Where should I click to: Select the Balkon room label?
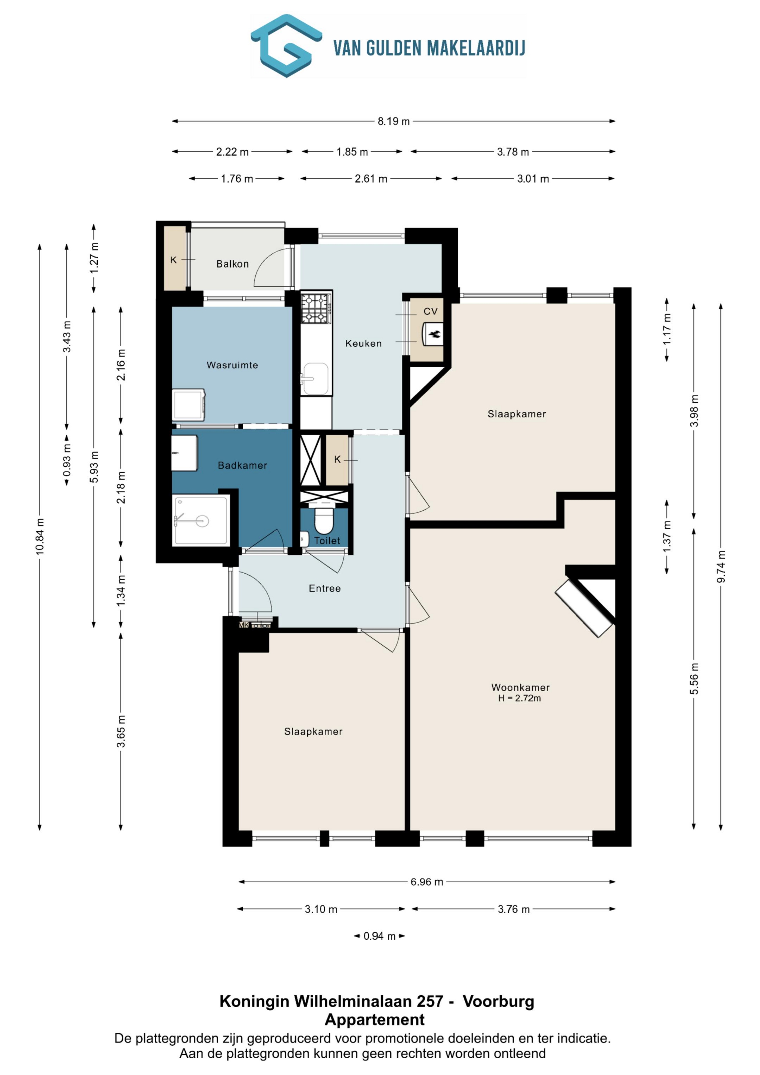(x=232, y=264)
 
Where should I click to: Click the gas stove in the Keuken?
(x=316, y=308)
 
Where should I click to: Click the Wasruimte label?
(x=232, y=365)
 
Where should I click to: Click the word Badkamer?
(x=243, y=465)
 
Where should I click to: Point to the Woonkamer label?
(x=520, y=687)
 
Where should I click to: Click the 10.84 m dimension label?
(x=40, y=537)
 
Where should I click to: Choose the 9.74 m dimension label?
(x=721, y=567)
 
